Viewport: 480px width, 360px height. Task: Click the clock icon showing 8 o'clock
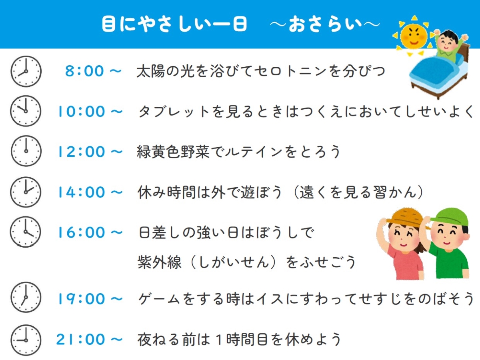click(x=26, y=71)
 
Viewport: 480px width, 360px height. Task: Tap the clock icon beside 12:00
click(x=26, y=151)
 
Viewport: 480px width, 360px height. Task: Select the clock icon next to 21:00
click(x=26, y=340)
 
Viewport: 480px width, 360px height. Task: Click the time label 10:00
click(x=81, y=112)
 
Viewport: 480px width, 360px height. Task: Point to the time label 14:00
click(x=81, y=192)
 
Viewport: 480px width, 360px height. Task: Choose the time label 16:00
click(x=81, y=232)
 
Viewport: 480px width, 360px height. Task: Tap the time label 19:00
click(x=81, y=299)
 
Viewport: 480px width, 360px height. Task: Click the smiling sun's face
click(x=414, y=36)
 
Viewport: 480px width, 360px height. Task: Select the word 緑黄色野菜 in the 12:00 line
click(x=173, y=152)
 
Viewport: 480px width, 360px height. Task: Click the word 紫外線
click(x=160, y=262)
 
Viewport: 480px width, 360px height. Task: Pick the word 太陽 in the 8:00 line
click(x=151, y=71)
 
